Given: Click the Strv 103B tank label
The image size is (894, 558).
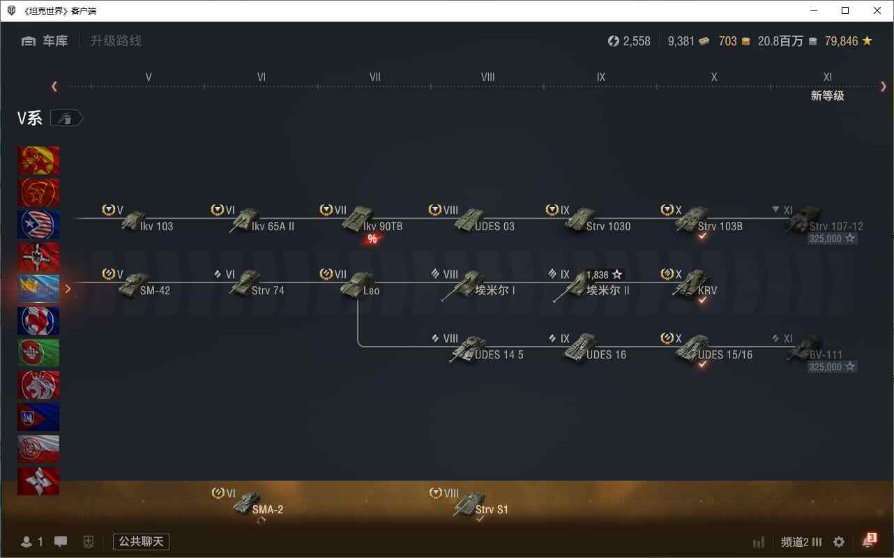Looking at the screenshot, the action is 720,226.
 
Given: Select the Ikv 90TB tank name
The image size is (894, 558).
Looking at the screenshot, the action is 383,226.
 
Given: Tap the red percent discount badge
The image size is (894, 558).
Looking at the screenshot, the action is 372,239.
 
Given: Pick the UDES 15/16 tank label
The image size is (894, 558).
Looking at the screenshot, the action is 725,354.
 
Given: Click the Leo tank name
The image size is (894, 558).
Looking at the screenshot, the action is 371,291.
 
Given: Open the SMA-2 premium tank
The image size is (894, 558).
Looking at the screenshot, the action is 257,504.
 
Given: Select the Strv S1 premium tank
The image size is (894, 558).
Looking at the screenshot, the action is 480,504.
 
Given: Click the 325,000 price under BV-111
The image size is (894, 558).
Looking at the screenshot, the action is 825,367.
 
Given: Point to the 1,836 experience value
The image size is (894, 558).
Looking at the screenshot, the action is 597,275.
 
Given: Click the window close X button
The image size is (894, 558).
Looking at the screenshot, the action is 877,10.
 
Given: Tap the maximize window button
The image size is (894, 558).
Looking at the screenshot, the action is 845,10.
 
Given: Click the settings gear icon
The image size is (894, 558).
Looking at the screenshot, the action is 838,542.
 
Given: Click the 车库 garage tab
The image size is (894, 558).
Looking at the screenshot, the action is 55,40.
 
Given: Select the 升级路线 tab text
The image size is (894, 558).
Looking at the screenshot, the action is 116,40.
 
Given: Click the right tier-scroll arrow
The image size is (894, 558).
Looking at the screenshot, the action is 884,86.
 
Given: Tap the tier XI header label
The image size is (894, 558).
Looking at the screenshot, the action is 827,77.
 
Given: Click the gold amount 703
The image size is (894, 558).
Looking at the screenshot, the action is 727,41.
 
